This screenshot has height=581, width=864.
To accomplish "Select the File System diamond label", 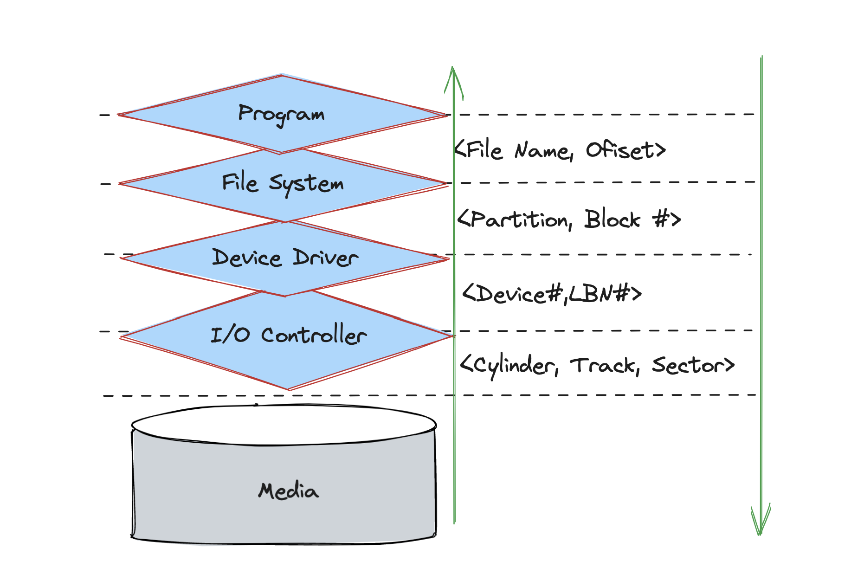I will (x=283, y=183).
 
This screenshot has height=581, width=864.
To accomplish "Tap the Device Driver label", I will (x=285, y=258).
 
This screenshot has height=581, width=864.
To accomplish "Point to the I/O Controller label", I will (x=288, y=335).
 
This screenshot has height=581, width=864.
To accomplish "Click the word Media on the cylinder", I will (x=288, y=491).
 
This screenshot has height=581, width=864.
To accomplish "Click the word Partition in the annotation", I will (x=520, y=219).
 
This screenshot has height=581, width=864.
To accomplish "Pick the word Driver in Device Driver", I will (x=325, y=258).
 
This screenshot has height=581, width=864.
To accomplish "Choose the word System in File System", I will (x=306, y=184).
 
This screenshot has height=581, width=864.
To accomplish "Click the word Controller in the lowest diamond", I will (x=314, y=335).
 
